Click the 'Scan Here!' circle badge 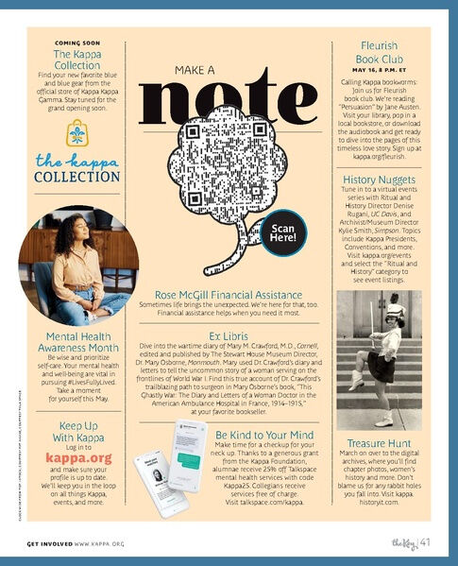[x=284, y=233]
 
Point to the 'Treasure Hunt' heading [x=379, y=443]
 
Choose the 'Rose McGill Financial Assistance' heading [x=229, y=294]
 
